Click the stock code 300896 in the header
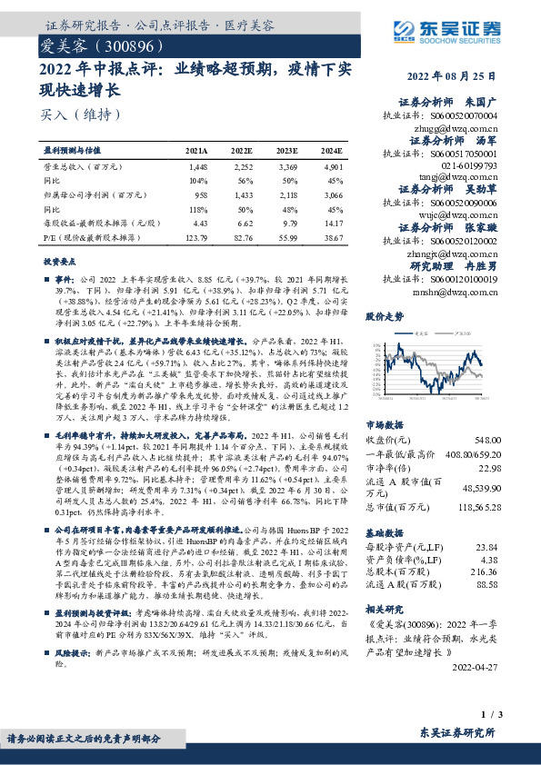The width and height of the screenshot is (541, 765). point(136,44)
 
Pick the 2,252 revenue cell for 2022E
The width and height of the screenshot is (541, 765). point(243,167)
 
